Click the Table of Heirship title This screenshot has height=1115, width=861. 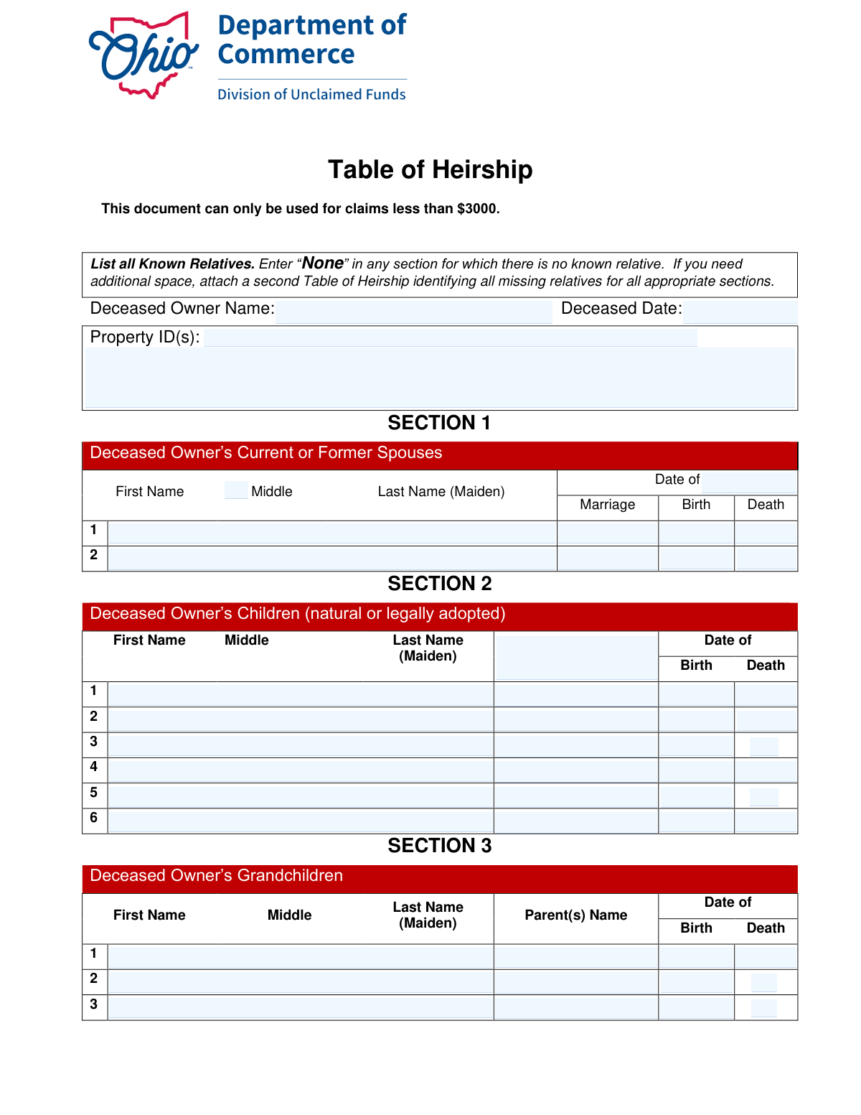430,169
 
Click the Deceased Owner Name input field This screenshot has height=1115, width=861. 413,312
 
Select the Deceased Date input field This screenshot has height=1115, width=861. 739,312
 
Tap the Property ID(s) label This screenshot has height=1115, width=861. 144,337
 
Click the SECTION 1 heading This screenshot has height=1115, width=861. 439,423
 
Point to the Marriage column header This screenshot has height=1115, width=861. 607,505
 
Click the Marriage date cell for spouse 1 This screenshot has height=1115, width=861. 607,533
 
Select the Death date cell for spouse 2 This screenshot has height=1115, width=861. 766,559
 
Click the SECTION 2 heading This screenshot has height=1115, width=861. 439,584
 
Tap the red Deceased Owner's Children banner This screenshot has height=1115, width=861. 439,615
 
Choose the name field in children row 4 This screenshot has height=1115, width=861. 300,770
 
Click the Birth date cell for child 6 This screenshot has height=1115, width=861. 696,821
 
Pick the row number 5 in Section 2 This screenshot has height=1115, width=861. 94,793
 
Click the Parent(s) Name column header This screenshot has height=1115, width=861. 575,915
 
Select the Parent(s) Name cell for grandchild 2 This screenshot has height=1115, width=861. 575,981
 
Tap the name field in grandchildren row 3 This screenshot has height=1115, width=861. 300,1007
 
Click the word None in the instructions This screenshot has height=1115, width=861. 322,263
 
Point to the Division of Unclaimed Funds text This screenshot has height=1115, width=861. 311,95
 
